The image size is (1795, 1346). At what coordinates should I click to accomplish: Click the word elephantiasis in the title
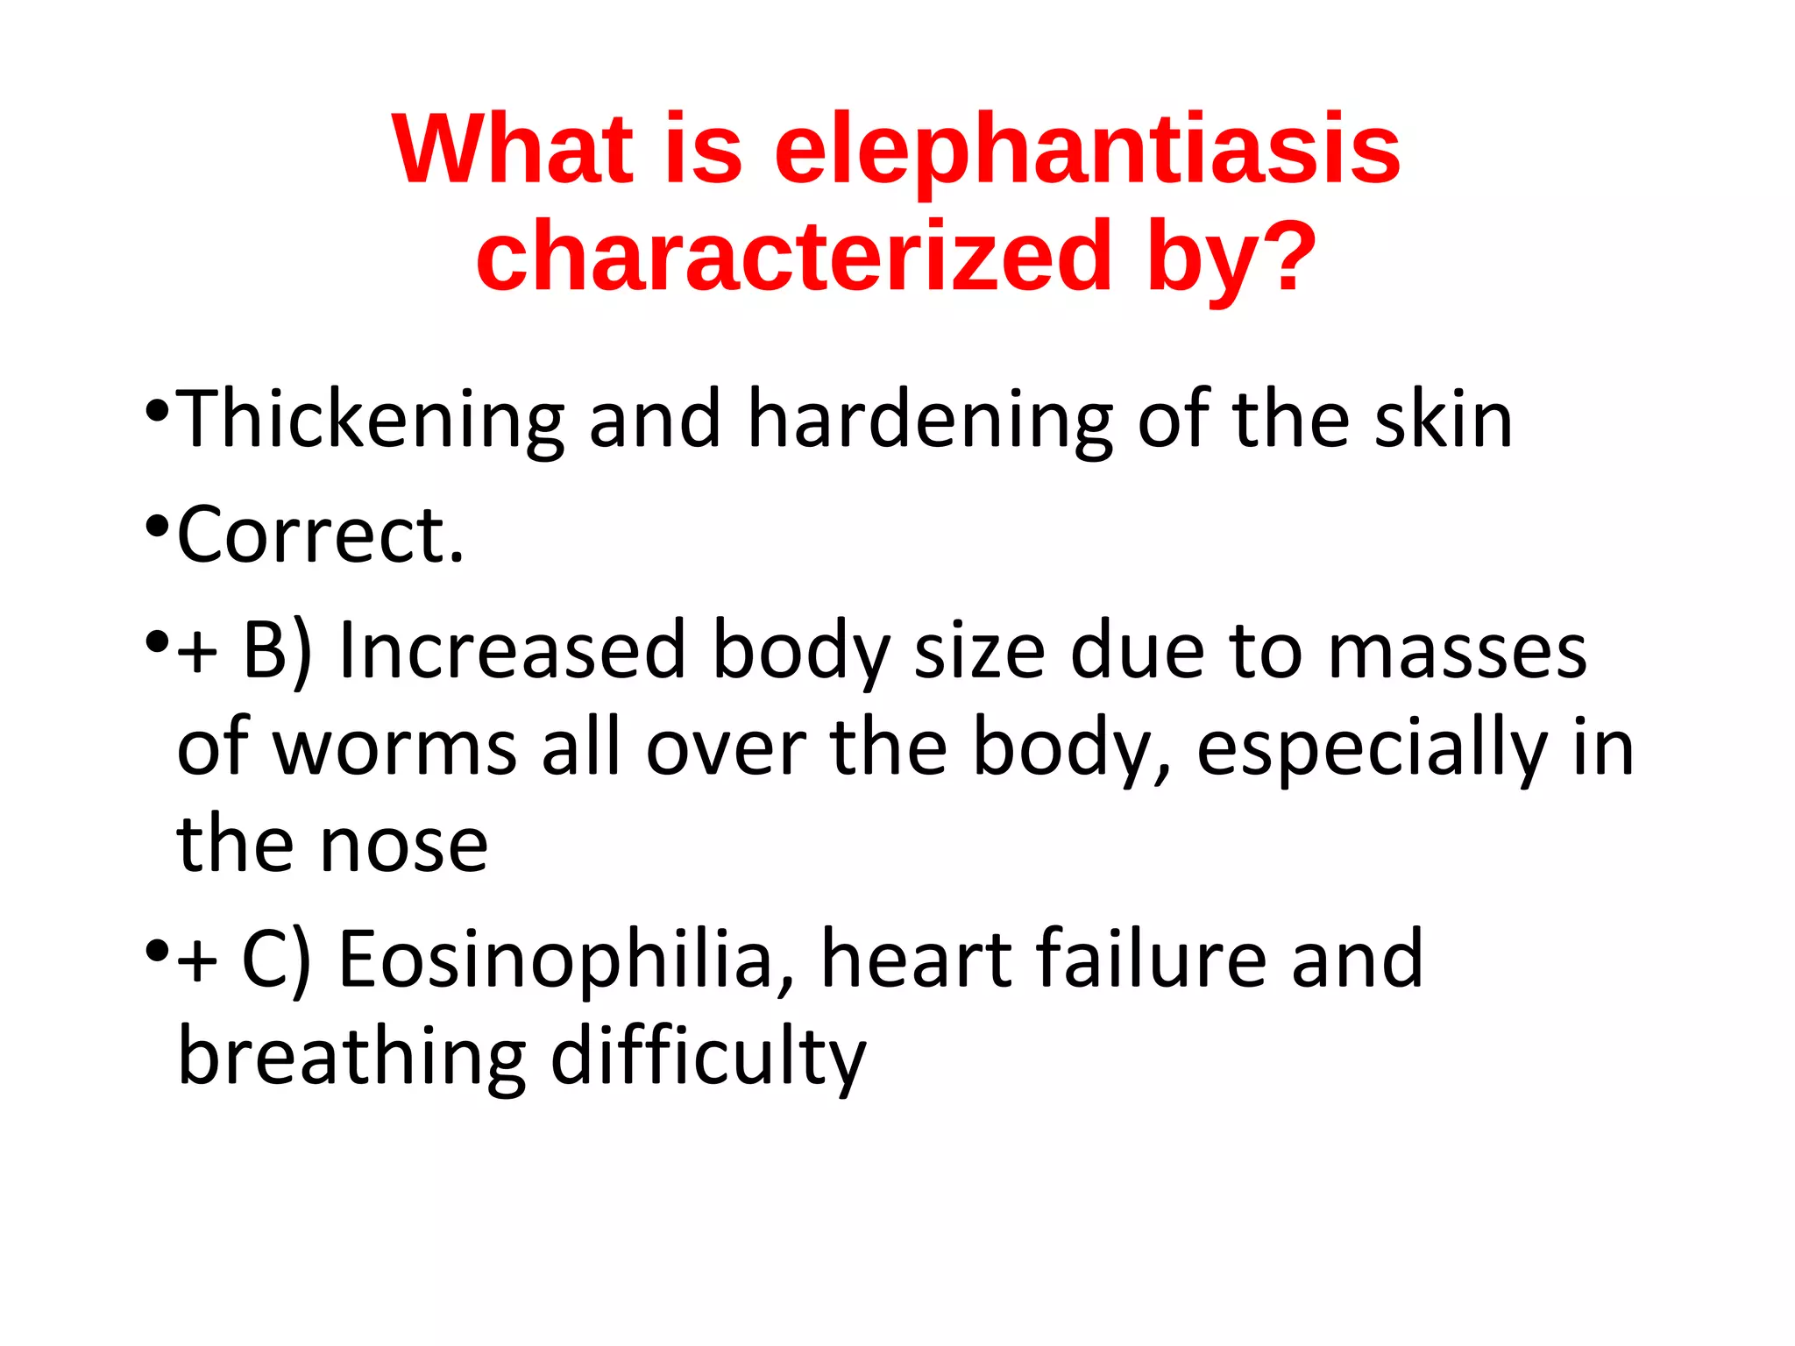1087,151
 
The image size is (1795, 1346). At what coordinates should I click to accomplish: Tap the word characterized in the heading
794,257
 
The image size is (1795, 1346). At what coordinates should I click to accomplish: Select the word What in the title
513,151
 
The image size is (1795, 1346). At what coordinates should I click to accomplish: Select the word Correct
320,535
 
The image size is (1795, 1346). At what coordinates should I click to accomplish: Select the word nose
404,846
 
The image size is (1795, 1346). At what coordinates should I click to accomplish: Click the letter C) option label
276,960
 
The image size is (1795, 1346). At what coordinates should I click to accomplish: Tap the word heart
917,960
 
